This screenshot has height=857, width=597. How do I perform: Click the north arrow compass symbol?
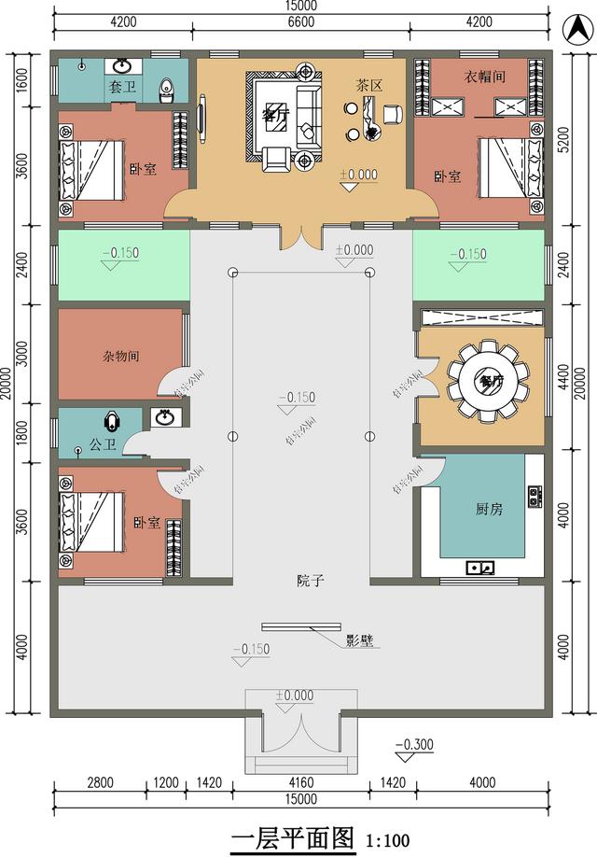coord(573,28)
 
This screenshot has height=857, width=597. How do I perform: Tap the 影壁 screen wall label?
coord(360,640)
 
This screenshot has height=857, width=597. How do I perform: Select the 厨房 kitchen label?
coord(489,510)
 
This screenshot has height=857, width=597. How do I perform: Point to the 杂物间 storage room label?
coord(120,356)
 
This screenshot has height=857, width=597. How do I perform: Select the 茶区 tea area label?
coord(368,84)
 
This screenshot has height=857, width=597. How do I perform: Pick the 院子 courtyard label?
coord(311,581)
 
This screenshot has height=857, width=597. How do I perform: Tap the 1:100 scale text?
coord(387,840)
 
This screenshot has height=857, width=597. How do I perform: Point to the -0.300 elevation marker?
coord(412,745)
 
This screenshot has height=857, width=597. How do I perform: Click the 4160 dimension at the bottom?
coord(300,783)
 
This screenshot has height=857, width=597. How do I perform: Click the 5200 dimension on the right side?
coord(563,140)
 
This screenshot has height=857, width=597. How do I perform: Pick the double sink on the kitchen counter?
coord(481,567)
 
